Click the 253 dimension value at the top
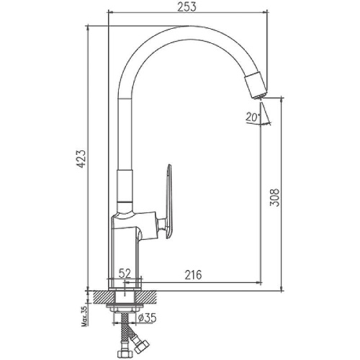click(x=186, y=7)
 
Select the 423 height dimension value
click(x=81, y=159)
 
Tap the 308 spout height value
click(x=274, y=197)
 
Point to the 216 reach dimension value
click(x=193, y=275)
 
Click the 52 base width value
click(x=125, y=273)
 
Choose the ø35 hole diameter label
click(x=148, y=318)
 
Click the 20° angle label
click(x=253, y=117)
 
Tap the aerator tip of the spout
click(x=258, y=96)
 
